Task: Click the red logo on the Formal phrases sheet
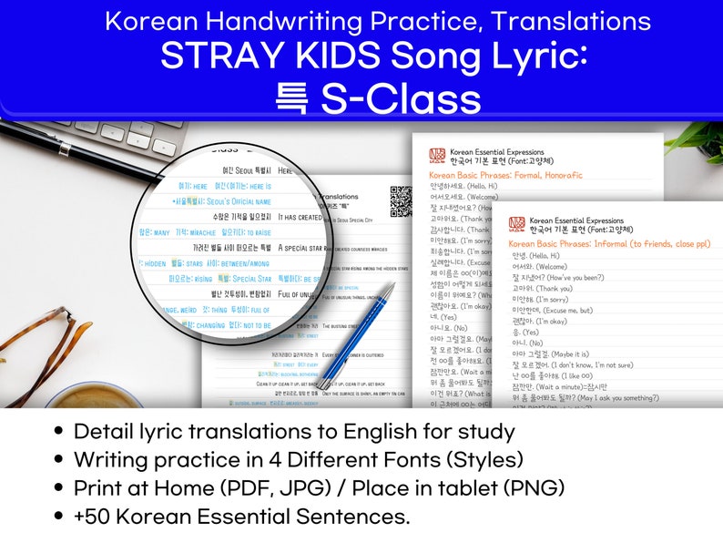436,155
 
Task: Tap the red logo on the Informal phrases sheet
516,224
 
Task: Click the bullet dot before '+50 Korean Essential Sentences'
59,517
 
